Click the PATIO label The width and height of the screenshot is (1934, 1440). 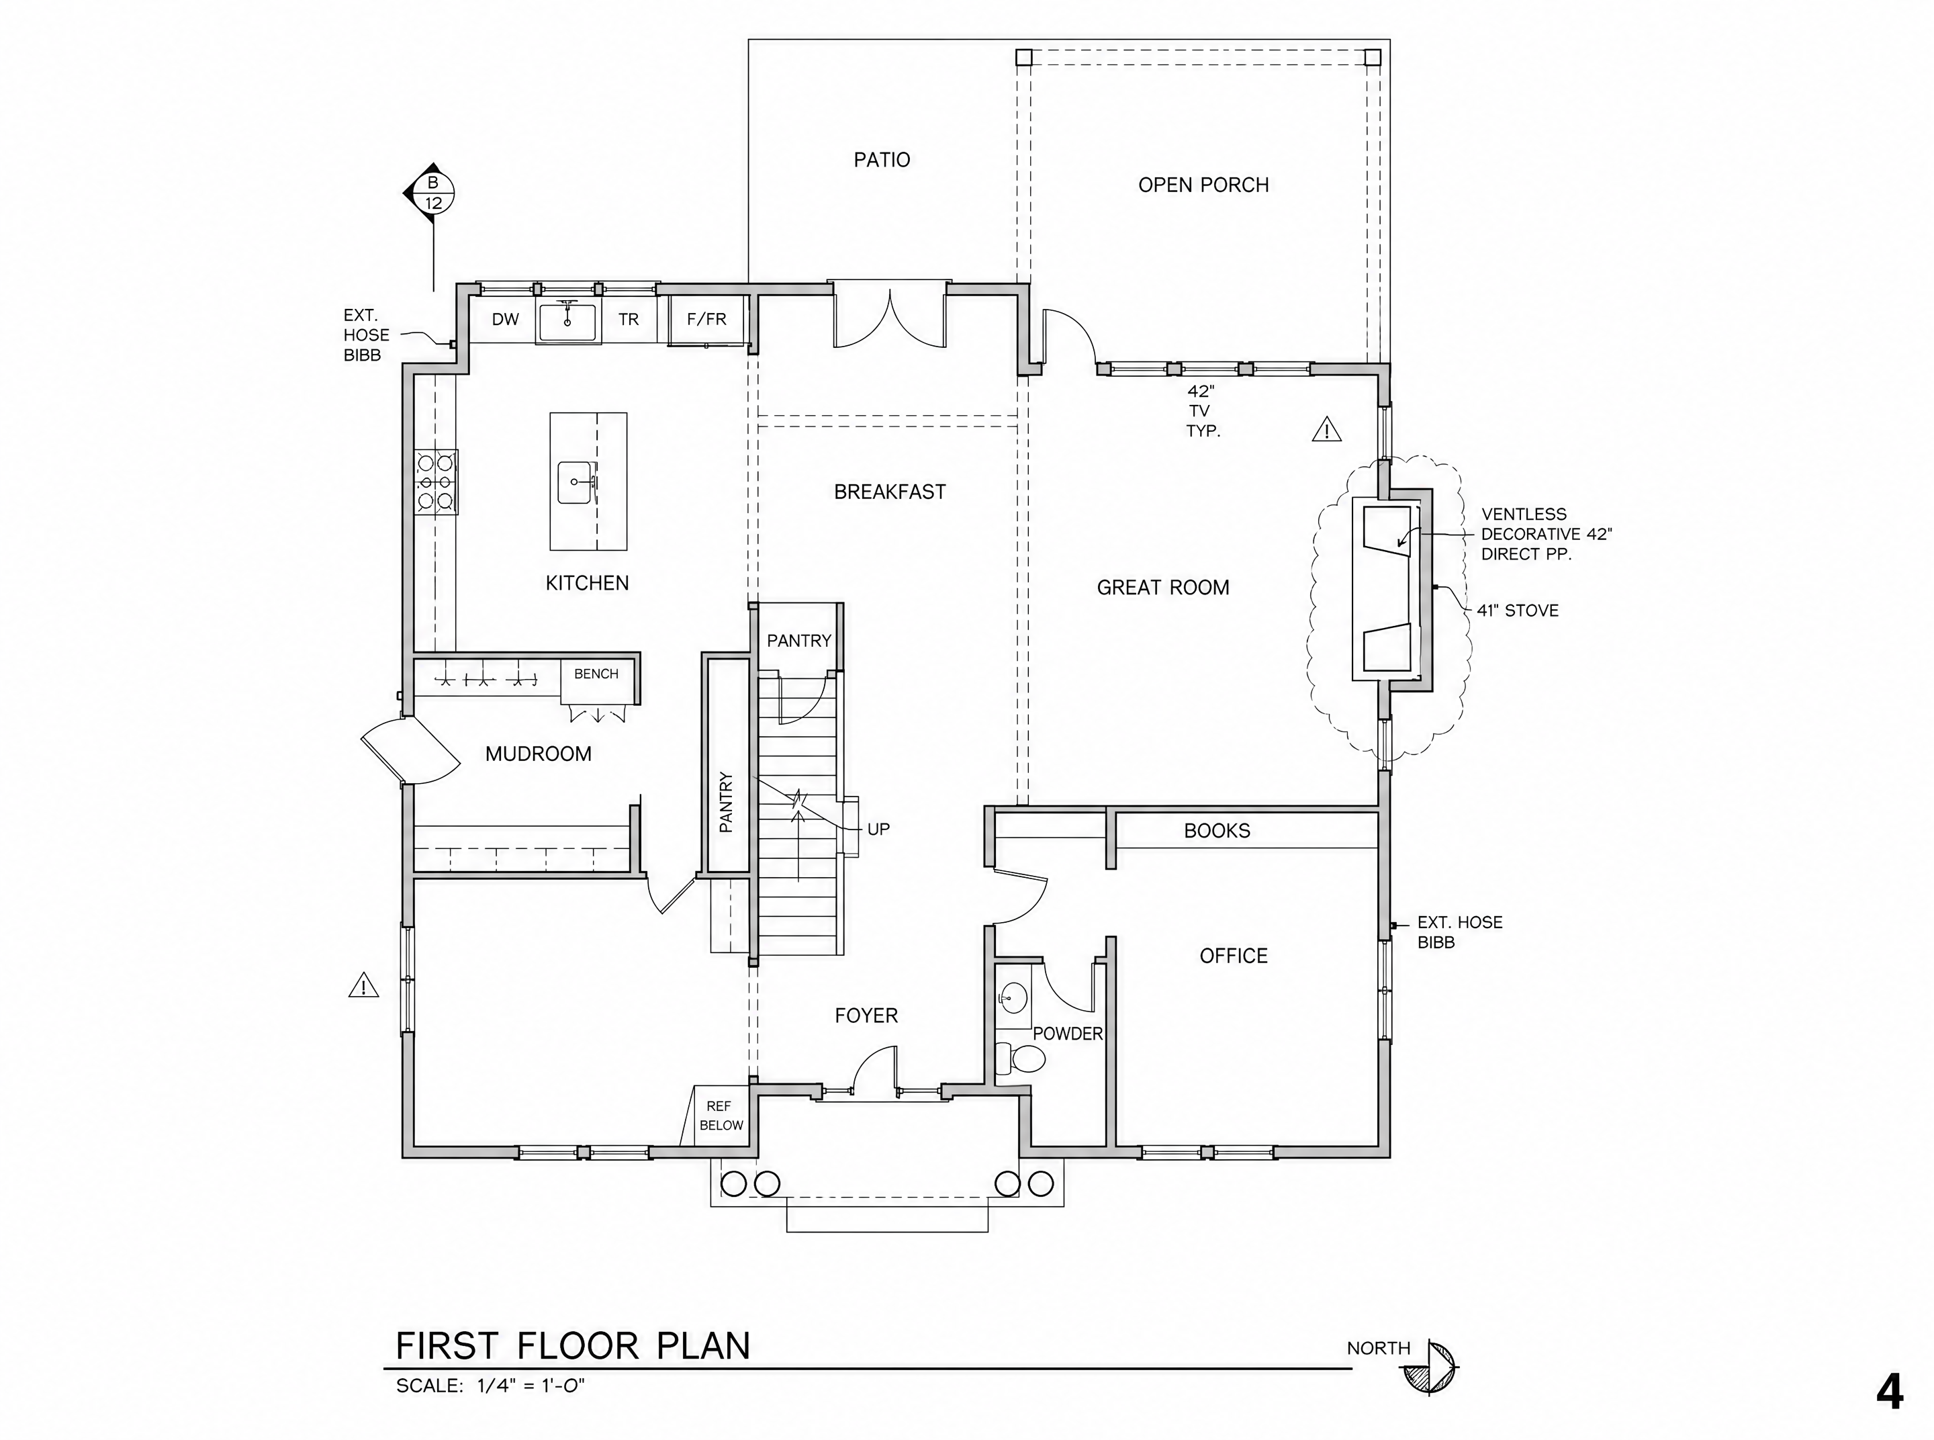[x=881, y=160]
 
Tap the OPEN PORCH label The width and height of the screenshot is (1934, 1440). [x=1203, y=185]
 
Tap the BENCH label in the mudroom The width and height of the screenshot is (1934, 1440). [x=596, y=674]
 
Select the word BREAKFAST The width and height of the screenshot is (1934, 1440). [x=890, y=492]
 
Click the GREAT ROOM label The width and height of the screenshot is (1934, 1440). [x=1162, y=588]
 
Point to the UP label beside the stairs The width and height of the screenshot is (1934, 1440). [x=878, y=829]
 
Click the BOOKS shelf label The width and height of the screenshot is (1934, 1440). [x=1217, y=831]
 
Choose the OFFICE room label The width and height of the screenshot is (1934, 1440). [x=1234, y=956]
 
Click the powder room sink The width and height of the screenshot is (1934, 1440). [x=1012, y=996]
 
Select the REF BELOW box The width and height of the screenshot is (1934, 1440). [x=720, y=1116]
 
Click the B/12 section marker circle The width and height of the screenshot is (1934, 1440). [x=433, y=193]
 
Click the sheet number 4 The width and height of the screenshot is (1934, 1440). [x=1889, y=1393]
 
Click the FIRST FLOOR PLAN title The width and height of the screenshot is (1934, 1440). [x=573, y=1346]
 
